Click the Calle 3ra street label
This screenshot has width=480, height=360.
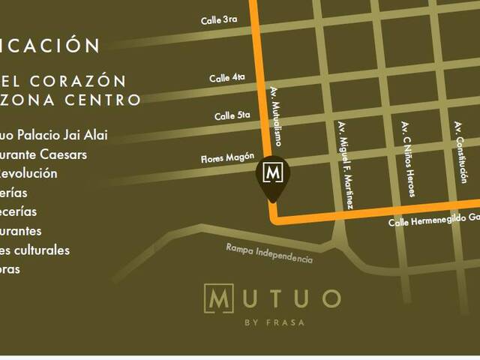point(219,20)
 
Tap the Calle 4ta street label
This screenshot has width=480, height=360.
point(228,77)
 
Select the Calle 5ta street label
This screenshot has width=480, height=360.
point(232,115)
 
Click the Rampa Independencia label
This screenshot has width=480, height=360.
point(269,253)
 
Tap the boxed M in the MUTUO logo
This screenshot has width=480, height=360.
point(218,298)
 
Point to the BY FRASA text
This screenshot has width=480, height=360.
point(274,323)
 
